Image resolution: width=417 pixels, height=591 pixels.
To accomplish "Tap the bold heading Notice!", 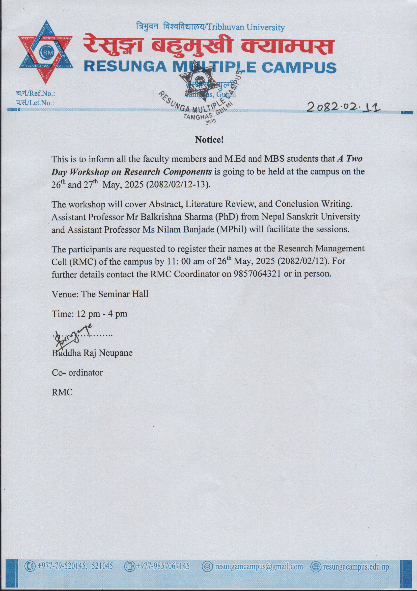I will (x=209, y=140).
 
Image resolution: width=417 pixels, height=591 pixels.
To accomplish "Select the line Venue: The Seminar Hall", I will (x=100, y=294).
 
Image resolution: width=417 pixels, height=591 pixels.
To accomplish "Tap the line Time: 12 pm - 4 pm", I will (x=90, y=314).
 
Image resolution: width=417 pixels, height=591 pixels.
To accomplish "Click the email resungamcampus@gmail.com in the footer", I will (x=259, y=567).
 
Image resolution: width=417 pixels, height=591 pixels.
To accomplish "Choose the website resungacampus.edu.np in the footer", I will (x=356, y=567).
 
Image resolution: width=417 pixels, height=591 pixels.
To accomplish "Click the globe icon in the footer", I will (x=316, y=567).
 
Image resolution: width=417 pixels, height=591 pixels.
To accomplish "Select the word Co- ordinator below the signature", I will (x=77, y=373).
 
